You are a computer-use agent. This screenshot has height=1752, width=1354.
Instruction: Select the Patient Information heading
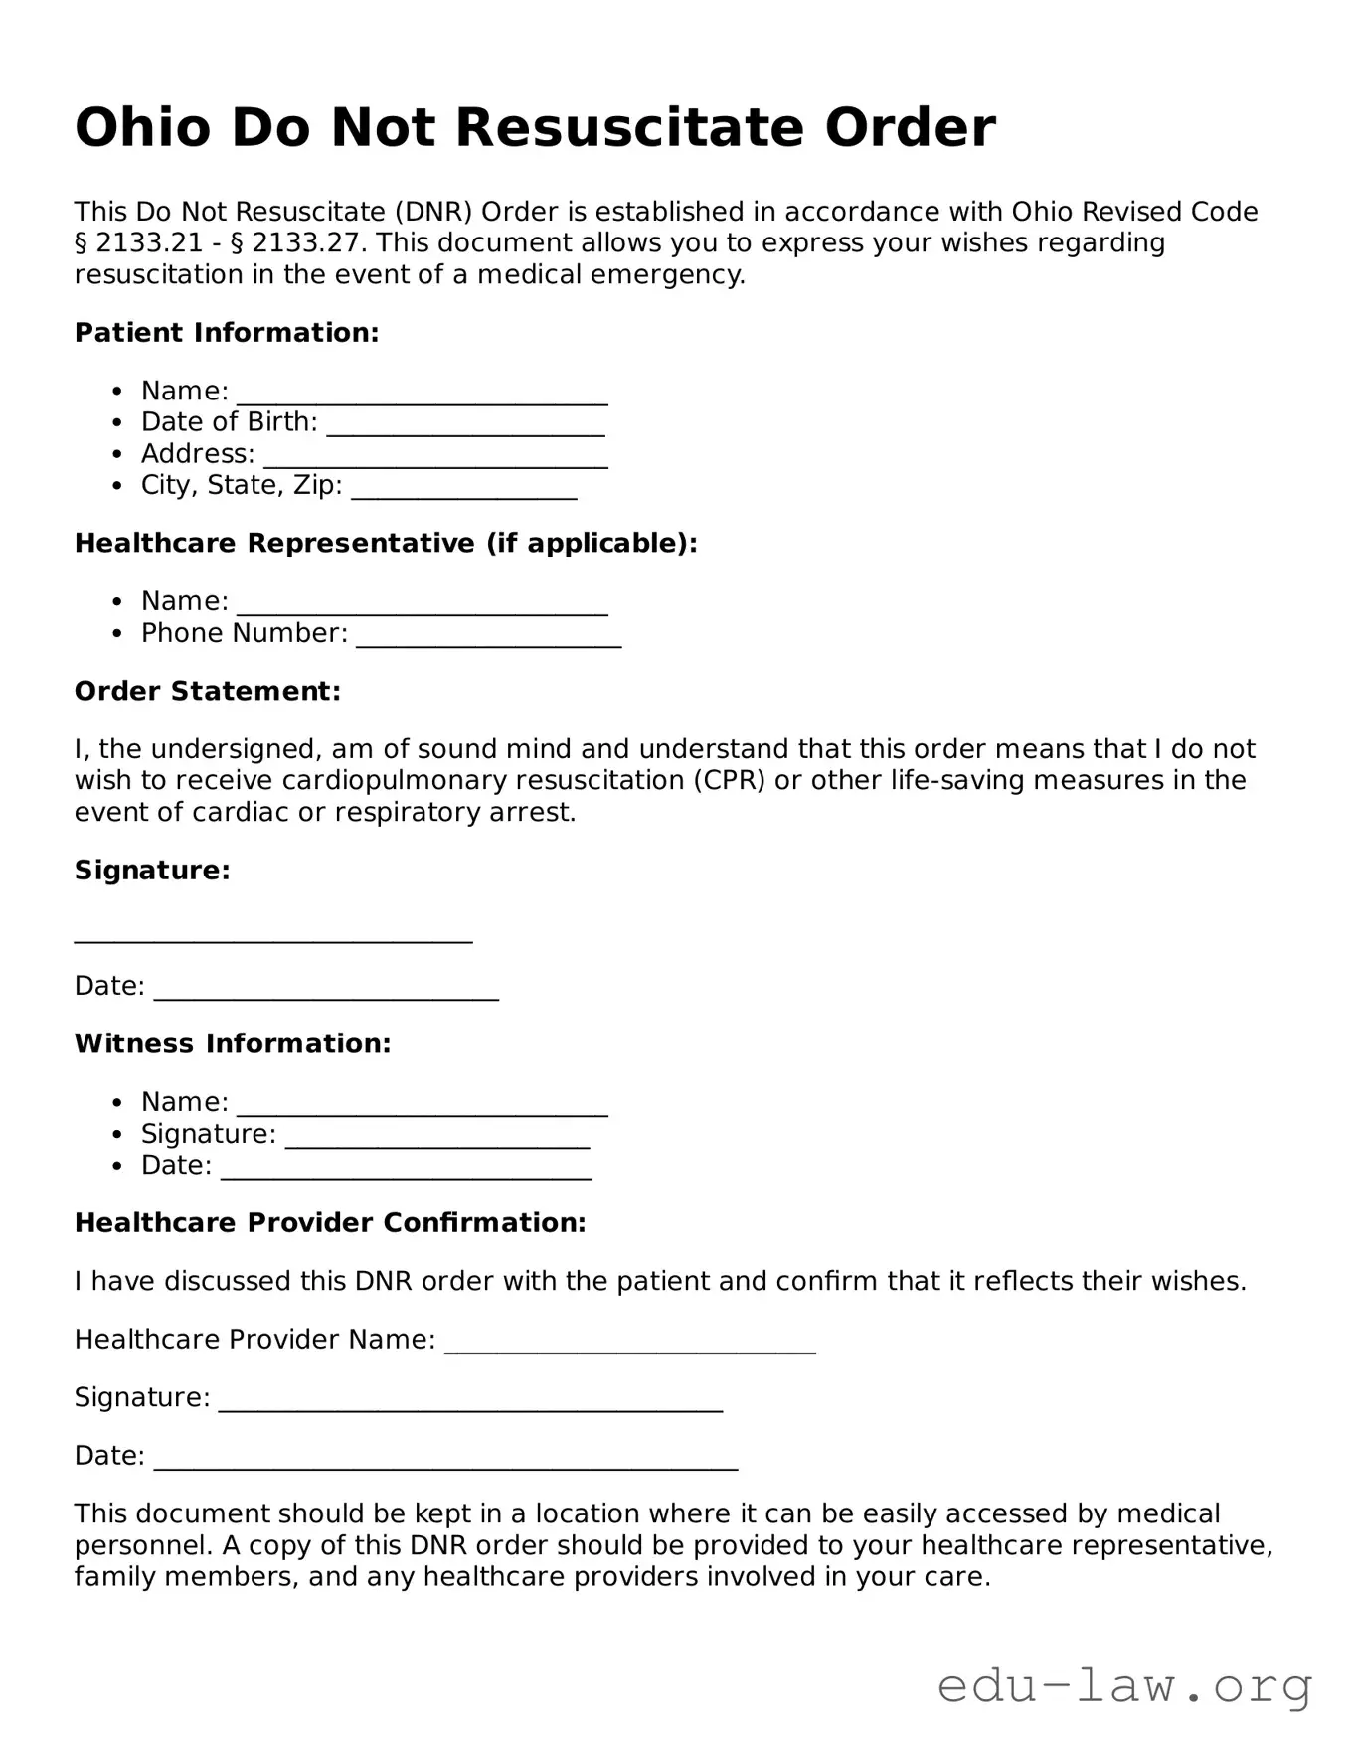click(x=227, y=333)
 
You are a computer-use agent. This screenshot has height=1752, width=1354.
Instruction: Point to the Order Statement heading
click(x=208, y=691)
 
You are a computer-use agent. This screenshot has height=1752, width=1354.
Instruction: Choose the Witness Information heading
click(x=233, y=1043)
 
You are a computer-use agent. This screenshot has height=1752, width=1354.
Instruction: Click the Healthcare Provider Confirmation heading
click(x=330, y=1222)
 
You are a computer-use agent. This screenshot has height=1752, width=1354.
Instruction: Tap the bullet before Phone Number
click(x=118, y=633)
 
